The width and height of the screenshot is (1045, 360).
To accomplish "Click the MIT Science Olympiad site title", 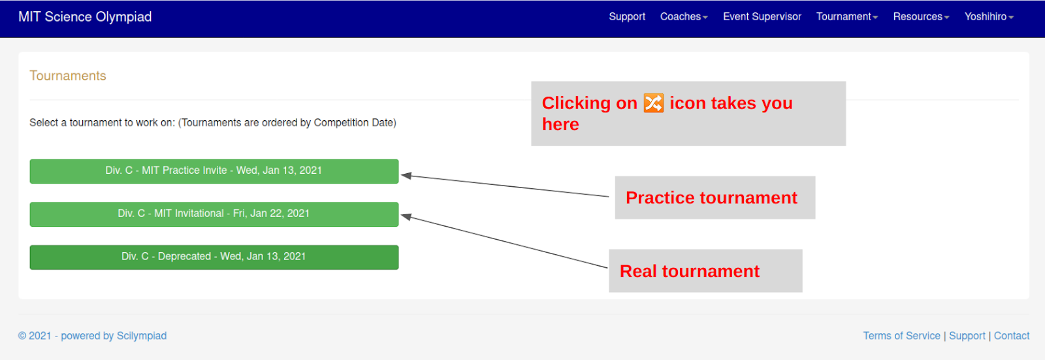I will [x=85, y=17].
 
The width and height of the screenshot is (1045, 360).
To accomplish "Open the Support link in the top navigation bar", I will [x=627, y=17].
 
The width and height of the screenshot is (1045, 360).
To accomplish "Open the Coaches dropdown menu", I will [x=683, y=17].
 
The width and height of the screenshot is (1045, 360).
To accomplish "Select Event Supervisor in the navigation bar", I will [x=762, y=17].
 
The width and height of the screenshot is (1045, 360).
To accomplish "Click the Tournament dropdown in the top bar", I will [x=846, y=17].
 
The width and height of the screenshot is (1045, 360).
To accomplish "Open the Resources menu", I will [x=921, y=17].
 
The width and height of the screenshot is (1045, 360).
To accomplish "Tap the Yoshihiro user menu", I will [x=989, y=17].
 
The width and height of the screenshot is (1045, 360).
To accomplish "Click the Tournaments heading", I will [x=68, y=76].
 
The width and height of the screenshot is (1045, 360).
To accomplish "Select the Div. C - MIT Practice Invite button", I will [x=214, y=171].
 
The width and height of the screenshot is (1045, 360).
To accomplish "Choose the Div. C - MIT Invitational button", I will [x=214, y=214].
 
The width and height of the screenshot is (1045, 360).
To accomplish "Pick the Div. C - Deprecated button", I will [x=214, y=257].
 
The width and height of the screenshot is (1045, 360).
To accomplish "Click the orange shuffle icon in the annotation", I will [x=653, y=103].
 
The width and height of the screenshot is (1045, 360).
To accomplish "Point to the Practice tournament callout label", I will [x=711, y=198].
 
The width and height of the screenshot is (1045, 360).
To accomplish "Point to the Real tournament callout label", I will [x=689, y=271].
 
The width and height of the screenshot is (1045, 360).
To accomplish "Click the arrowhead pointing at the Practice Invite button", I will [x=406, y=175].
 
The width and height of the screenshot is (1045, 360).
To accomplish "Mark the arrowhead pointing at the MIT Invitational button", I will [x=406, y=216].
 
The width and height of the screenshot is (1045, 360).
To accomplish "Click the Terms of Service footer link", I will [x=901, y=336].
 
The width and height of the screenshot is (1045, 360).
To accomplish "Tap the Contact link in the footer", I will [x=1011, y=336].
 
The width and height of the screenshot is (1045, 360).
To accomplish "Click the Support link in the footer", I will [x=967, y=336].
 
